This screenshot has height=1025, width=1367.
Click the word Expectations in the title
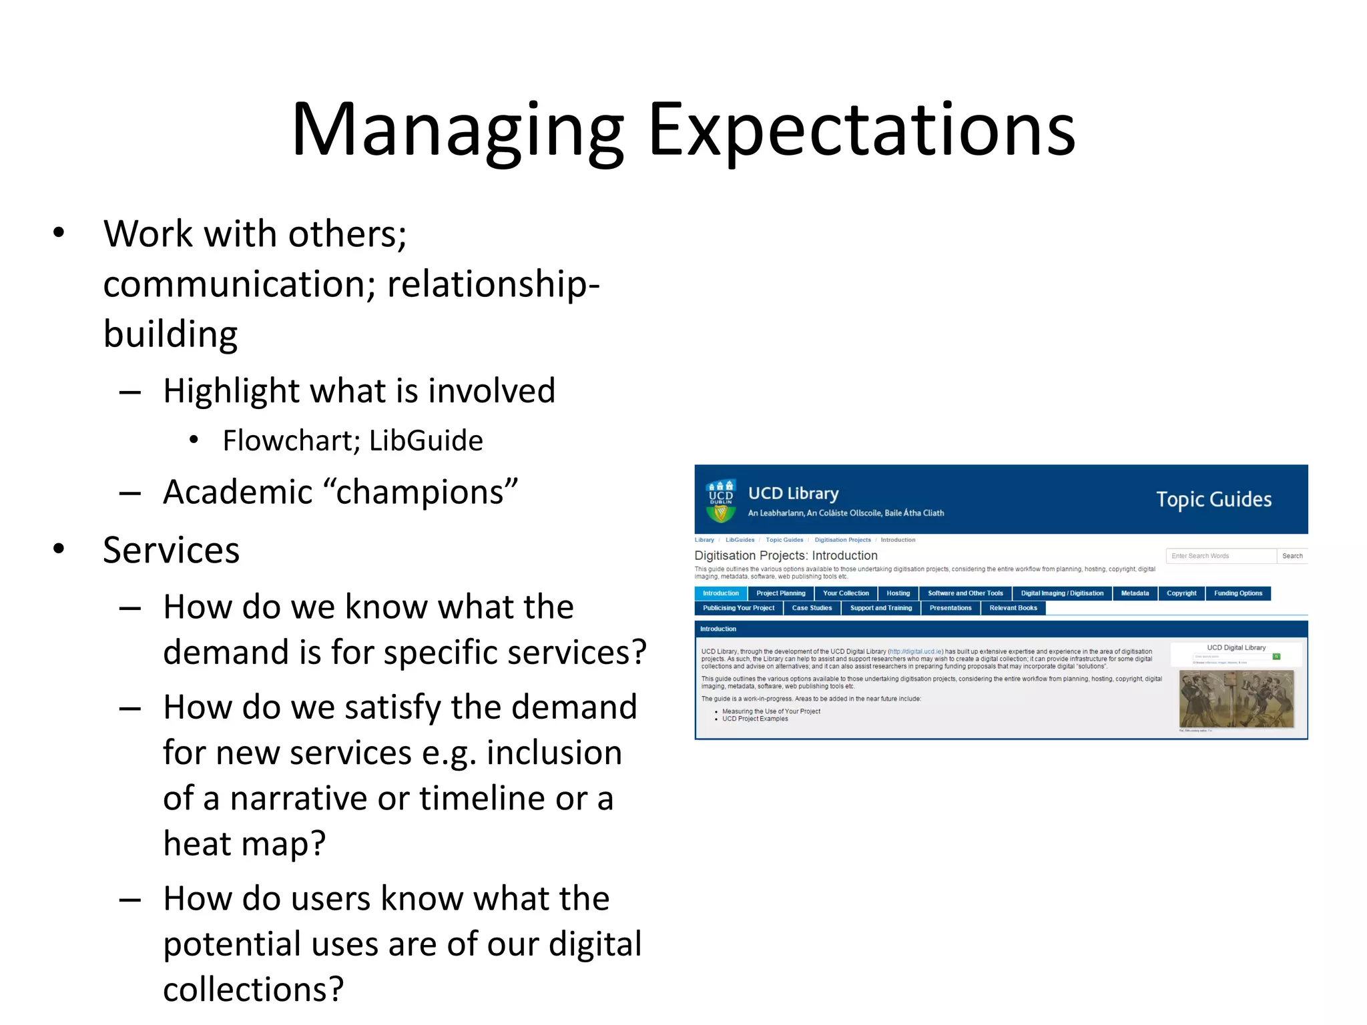click(x=861, y=130)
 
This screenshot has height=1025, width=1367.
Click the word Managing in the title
click(x=458, y=130)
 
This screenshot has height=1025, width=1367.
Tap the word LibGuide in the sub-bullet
click(x=426, y=441)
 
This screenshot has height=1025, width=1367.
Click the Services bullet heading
click(x=172, y=551)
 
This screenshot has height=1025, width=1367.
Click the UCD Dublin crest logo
click(x=721, y=500)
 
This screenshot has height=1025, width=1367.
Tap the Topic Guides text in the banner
click(x=1213, y=499)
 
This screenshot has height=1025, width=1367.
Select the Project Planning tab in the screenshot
click(x=780, y=593)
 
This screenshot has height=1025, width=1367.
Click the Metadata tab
click(x=1135, y=593)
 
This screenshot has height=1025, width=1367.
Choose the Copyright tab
click(x=1181, y=593)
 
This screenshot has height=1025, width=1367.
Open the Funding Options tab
click(x=1238, y=593)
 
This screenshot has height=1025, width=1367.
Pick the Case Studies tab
click(x=812, y=608)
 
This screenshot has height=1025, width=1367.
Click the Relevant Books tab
click(x=1013, y=608)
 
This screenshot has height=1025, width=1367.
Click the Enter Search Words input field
click(x=1220, y=556)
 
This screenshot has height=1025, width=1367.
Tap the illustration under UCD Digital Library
click(x=1236, y=699)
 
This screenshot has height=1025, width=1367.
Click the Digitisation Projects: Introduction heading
click(x=786, y=555)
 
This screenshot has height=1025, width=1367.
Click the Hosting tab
click(x=898, y=593)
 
